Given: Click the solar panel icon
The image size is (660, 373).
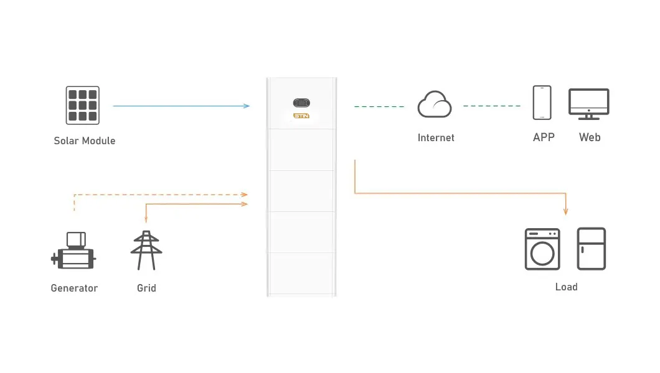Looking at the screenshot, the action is [82, 106].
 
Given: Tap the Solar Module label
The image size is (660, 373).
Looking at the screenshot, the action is [85, 140].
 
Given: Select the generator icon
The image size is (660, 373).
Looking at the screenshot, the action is [73, 251].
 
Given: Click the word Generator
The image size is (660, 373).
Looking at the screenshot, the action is [74, 288].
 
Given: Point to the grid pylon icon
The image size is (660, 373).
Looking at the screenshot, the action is [146, 251].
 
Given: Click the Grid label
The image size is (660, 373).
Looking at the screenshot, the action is [146, 288].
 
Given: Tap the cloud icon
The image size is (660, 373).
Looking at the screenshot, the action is [435, 104].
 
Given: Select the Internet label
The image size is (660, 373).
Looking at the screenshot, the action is [436, 138].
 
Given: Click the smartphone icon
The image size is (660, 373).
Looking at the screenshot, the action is [542, 103].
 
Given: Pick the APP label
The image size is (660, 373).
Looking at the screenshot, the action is [544, 137].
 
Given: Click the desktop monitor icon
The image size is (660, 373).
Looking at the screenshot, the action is [589, 104].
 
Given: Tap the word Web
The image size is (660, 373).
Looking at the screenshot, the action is [590, 137].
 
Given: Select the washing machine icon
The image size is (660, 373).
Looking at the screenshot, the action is [542, 249].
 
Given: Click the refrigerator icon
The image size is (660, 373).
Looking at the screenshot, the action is [592, 249].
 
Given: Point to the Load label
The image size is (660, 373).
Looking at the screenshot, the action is [567, 287].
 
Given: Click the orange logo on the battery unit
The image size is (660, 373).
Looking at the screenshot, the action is [301, 116].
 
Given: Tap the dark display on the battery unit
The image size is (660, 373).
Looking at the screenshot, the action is [301, 103].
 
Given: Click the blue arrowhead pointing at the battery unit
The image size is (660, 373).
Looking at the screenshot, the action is [247, 106].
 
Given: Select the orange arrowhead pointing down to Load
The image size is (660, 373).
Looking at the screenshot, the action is [566, 211].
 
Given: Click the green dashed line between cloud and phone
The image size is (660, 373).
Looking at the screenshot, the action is [492, 106].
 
